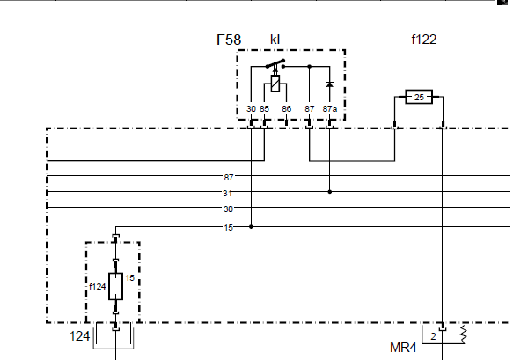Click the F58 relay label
229,40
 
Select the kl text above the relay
275,40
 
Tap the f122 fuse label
424,40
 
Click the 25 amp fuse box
419,97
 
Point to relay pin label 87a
330,109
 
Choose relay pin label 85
264,109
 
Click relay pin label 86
287,109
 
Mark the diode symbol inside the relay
330,84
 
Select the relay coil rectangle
275,84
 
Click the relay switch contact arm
275,63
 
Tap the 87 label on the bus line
228,177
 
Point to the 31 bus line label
227,194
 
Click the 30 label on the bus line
228,209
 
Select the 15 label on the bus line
228,228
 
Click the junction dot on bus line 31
330,192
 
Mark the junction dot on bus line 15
251,227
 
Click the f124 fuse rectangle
115,286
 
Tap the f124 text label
98,287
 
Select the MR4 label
403,348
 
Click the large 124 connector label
80,336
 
